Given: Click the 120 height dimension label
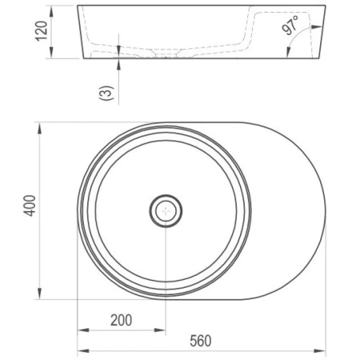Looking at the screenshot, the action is point(42,31).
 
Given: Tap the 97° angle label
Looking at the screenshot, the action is point(290,26).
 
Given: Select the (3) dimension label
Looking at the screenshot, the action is point(106,93).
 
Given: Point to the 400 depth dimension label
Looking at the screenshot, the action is point(30,206).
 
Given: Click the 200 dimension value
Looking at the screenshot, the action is point(122,320).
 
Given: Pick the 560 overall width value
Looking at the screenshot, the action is point(201,341).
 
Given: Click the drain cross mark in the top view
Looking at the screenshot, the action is point(166,211).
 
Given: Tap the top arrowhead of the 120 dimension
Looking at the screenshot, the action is point(51,11).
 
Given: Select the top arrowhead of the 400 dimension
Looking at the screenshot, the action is point(39,128).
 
